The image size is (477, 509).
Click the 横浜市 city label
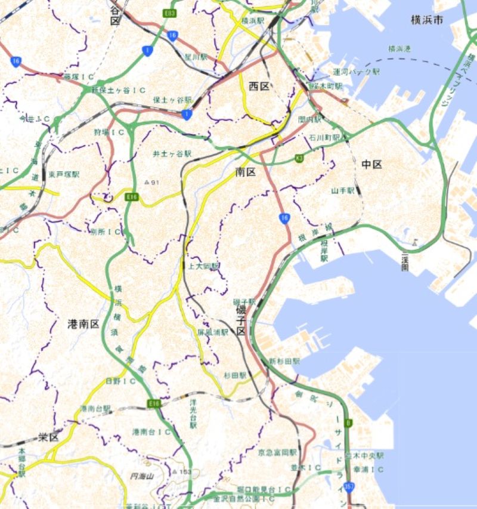(427, 20)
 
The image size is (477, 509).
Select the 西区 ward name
(259, 87)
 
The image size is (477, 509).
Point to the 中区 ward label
(371, 164)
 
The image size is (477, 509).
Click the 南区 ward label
(246, 172)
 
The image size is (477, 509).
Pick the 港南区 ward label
(83, 324)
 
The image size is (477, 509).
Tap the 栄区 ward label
(49, 437)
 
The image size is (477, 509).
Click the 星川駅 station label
(196, 58)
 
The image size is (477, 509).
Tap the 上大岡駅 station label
(203, 266)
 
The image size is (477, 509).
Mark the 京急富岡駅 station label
(277, 453)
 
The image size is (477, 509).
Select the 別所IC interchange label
(106, 231)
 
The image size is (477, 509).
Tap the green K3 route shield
(299, 159)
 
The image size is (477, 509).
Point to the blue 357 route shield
(349, 488)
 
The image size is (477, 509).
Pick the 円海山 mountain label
(143, 476)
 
